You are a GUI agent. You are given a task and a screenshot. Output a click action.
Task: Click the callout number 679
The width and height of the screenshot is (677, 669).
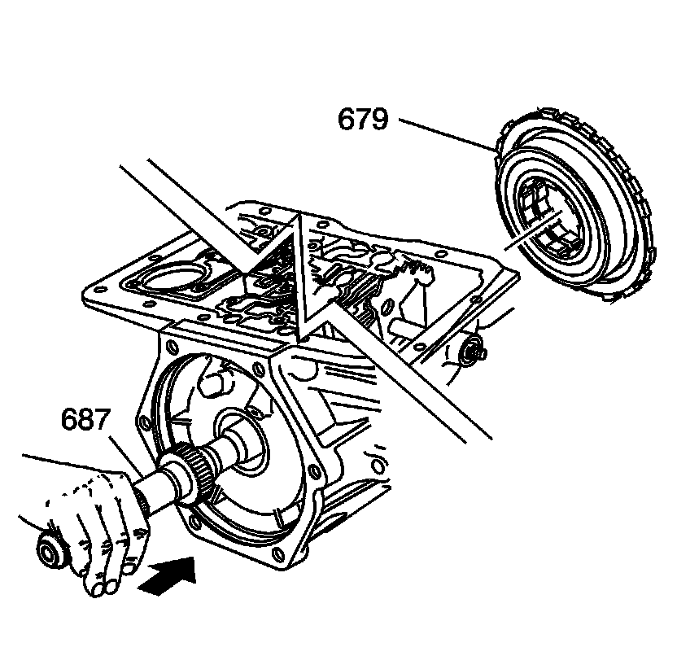point(364,120)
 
